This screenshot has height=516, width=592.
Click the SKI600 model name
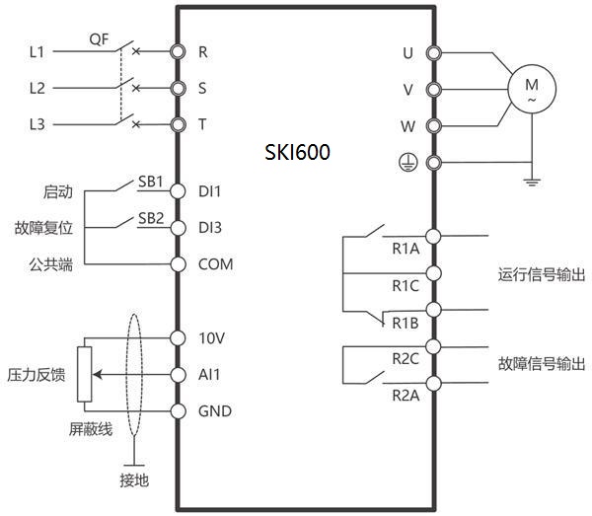297,153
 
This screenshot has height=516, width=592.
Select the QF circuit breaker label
99,39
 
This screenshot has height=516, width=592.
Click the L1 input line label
37,50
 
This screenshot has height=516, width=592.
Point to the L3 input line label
37,124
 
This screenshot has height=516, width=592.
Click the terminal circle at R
178,50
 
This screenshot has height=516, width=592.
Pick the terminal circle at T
178,124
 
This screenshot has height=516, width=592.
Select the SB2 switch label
151,218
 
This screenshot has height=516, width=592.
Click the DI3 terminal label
210,228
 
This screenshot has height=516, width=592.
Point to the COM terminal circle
178,264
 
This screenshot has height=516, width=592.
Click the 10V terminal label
212,338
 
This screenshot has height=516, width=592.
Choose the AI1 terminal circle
178,375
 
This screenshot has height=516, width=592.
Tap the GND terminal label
214,411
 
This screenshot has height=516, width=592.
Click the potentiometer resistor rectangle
84,375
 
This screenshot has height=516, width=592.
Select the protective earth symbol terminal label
405,163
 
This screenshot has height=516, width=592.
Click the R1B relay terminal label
406,323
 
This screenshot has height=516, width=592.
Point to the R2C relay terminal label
406,359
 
